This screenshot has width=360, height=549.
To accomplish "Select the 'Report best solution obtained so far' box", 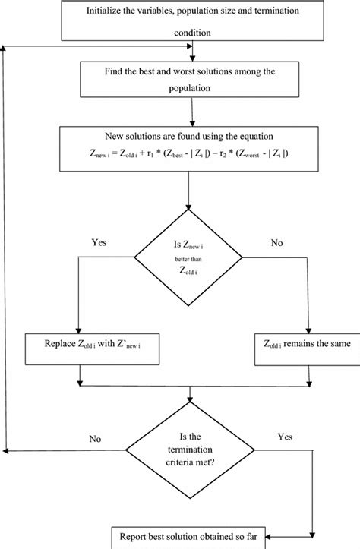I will (186, 538).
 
